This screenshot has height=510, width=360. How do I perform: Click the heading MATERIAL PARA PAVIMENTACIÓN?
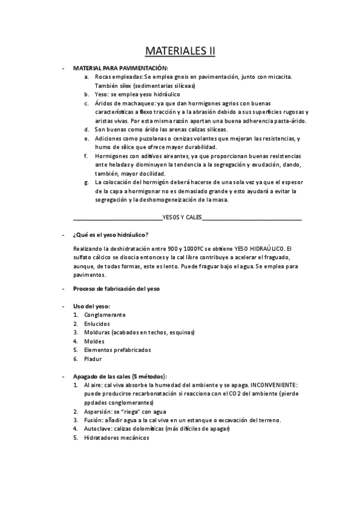point(121,68)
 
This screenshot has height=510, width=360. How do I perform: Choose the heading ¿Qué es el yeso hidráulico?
point(111,235)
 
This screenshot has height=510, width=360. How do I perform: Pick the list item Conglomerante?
point(105,315)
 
